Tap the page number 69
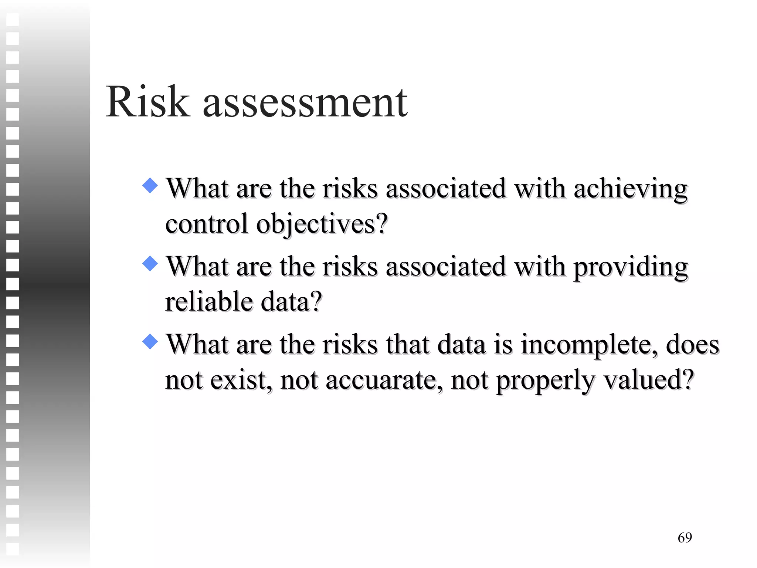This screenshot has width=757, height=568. pos(685,537)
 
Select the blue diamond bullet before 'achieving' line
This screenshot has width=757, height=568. pos(150,185)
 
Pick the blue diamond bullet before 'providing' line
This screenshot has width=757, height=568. pos(150,263)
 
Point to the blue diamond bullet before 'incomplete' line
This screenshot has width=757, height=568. pos(150,341)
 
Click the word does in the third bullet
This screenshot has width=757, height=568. pos(692,345)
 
